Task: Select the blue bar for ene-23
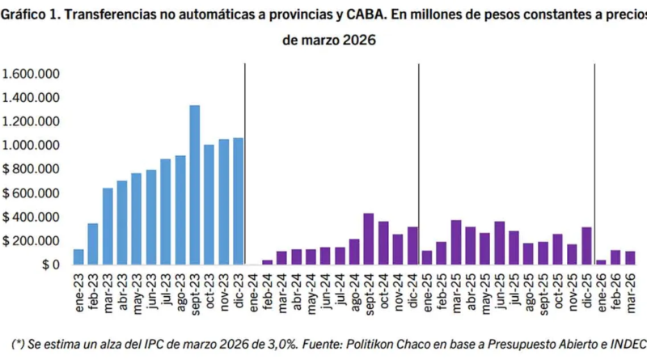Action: click(x=78, y=256)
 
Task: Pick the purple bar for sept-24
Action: click(x=369, y=239)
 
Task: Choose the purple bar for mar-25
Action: click(x=456, y=242)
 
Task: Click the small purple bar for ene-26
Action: click(x=600, y=261)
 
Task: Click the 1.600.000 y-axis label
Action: click(x=33, y=74)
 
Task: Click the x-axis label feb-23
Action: click(x=94, y=287)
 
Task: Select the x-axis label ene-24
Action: click(x=253, y=287)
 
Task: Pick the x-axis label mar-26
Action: click(x=631, y=287)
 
